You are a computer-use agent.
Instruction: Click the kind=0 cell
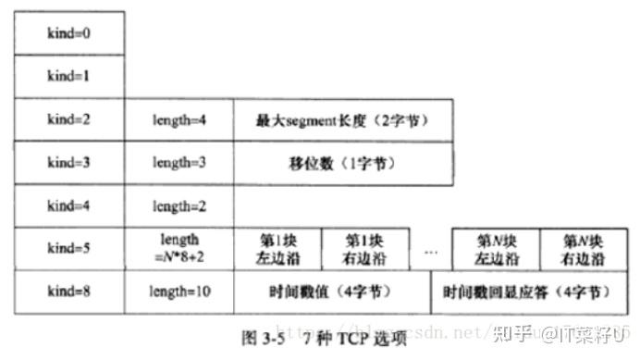click(68, 33)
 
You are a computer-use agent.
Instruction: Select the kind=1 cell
click(68, 77)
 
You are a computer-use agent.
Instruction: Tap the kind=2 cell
click(68, 120)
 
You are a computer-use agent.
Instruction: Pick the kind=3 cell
click(68, 163)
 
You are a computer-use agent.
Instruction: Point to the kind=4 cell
click(68, 205)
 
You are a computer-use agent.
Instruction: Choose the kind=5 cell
click(68, 248)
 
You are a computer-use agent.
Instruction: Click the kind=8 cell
click(68, 292)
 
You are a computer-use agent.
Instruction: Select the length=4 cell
click(178, 120)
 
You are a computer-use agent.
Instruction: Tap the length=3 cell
click(178, 163)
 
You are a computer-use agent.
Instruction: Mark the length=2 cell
click(178, 205)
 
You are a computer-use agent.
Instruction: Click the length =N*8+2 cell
click(178, 248)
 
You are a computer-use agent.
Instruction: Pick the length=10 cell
click(178, 292)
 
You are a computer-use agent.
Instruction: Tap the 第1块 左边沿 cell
click(277, 248)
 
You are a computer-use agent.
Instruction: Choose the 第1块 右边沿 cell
click(363, 248)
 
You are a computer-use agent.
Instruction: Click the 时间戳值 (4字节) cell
click(331, 292)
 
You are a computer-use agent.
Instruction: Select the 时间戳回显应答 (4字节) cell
click(526, 292)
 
